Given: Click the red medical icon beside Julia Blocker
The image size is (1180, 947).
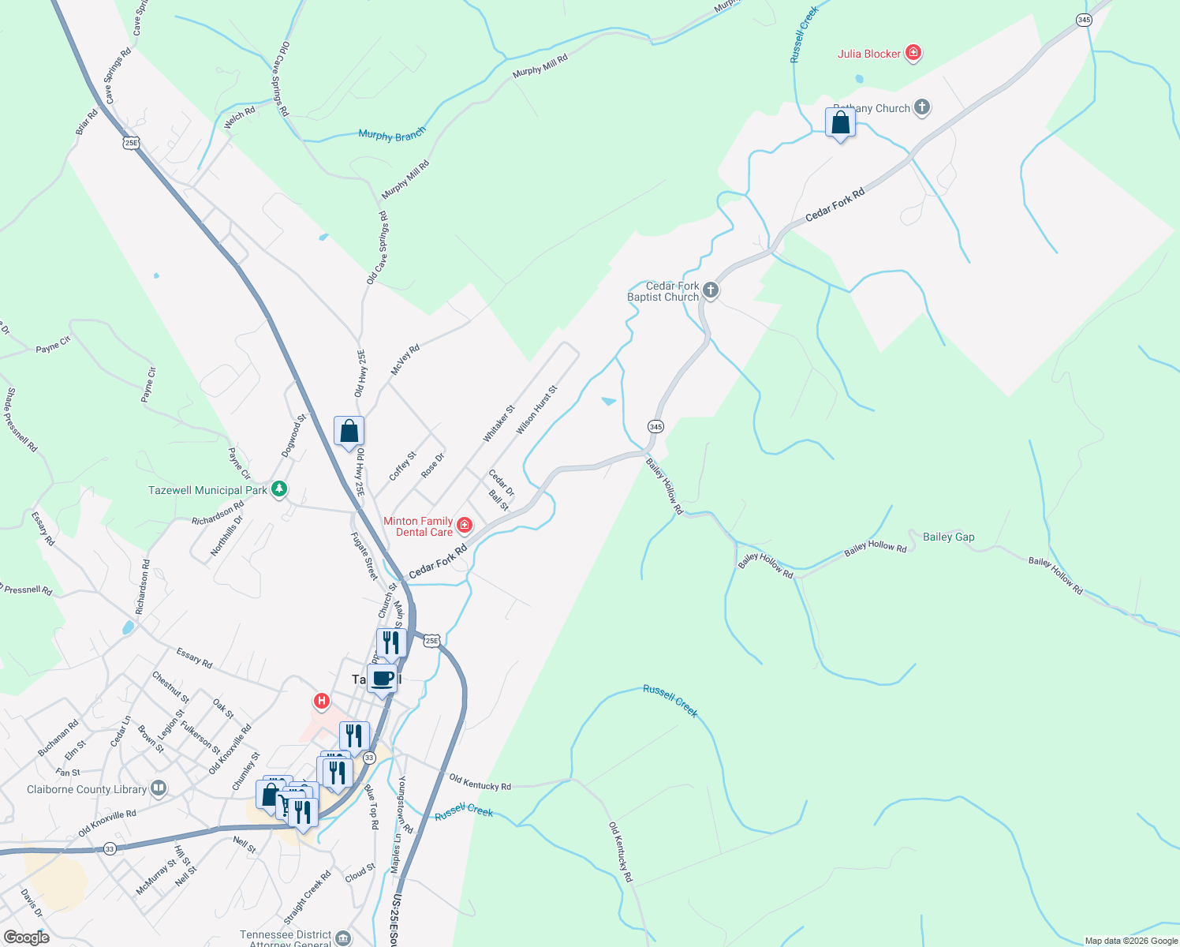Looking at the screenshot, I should pos(913,54).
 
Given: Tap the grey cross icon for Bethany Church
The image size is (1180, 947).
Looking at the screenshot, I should pos(922,108).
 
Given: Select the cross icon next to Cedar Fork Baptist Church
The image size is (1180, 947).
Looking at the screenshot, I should pos(710,290).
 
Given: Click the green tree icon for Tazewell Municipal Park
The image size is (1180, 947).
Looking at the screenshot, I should pos(278,490).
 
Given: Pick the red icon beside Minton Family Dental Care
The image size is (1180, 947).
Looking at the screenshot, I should pos(464,526).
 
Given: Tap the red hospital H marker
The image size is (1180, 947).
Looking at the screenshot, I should pos(321,700).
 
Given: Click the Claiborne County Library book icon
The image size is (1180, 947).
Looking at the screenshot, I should pos(159,788).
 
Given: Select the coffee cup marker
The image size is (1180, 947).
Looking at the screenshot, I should pos(383,679).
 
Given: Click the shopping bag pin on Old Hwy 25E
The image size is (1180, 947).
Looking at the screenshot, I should pos(349,432).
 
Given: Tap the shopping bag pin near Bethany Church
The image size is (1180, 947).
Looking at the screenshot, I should pos(840,123).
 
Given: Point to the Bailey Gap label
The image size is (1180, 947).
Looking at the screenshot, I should pos(948,537).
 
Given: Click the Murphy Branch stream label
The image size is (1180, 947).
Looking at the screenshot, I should pos(392,135).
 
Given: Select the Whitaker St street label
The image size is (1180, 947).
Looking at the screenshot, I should pos(499,424).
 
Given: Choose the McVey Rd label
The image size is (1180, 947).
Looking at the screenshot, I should pos(405,360).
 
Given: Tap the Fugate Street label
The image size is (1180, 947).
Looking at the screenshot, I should pos(364,556).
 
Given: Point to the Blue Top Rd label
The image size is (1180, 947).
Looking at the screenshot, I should pos(372,806).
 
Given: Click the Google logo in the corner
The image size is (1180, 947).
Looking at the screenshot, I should pos(27,937).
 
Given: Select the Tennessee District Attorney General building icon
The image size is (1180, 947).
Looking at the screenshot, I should pos(343,938).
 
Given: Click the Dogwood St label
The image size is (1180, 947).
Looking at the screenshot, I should pos(293,436).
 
